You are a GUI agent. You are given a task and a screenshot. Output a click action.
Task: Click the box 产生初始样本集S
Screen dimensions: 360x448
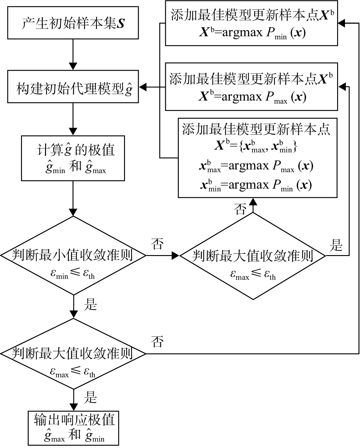73,23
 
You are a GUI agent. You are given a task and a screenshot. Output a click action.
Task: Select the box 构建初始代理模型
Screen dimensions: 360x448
73,87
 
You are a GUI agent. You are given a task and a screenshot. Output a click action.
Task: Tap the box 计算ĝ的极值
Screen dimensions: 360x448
73,158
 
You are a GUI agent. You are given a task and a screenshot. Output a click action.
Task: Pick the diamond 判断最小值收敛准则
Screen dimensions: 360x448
73,255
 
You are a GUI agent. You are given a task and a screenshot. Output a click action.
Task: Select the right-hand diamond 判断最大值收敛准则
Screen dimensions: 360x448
253,256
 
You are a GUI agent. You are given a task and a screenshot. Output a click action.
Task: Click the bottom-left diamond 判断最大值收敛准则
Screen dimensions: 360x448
73,354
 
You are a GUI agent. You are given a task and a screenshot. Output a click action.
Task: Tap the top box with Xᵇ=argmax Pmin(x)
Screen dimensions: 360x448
251,23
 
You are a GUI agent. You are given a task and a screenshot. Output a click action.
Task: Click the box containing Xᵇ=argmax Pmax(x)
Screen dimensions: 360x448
251,87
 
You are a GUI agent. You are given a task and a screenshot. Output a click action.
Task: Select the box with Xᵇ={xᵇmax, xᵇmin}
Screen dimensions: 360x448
258,158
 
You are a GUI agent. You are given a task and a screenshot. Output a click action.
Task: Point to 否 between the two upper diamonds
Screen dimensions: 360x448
157,244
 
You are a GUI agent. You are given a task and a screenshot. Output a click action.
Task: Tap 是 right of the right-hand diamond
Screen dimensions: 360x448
336,245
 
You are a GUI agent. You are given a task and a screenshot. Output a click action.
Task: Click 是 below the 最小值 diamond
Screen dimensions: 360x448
90,304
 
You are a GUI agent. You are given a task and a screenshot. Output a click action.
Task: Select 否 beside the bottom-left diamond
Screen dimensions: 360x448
157,342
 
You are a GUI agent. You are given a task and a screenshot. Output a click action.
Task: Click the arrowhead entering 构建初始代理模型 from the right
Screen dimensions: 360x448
143,87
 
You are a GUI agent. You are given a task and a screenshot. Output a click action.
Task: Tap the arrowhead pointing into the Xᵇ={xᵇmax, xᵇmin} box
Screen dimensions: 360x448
253,202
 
